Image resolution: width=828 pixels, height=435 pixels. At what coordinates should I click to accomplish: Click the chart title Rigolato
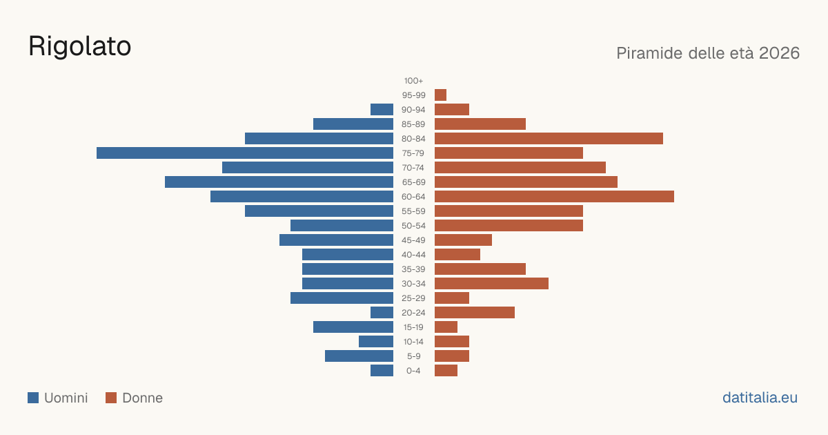80,46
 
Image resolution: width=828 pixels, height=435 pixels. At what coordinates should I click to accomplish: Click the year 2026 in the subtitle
779,53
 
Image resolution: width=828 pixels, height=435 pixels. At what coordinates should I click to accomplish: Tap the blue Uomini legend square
33,398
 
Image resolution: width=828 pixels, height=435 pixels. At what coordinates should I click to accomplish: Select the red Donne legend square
111,398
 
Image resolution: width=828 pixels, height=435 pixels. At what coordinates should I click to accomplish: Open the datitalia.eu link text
760,398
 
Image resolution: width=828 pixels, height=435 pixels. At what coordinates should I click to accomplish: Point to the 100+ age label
413,81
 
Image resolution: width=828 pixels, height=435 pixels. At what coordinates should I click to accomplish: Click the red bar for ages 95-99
441,95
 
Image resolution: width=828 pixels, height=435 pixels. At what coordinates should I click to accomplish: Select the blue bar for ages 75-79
245,153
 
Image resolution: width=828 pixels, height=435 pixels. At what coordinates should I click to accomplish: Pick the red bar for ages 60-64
555,196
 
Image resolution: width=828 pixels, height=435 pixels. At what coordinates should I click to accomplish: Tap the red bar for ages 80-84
549,139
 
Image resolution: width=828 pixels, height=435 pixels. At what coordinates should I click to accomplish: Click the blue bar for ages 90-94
382,110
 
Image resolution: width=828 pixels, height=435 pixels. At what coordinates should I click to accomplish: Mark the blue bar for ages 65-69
279,182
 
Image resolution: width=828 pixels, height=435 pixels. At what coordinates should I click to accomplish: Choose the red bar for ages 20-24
475,313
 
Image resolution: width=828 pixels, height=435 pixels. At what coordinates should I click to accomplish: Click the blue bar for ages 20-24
382,313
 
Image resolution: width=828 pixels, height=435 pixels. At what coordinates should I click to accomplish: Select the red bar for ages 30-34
491,284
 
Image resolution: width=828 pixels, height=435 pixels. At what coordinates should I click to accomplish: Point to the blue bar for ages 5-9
359,356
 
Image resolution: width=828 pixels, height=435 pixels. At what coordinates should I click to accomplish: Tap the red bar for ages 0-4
446,371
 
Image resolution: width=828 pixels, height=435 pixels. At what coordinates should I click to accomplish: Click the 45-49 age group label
413,240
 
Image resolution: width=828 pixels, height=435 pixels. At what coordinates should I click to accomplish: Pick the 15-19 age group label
413,327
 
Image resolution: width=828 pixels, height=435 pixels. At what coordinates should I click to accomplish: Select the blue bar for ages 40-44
348,255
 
